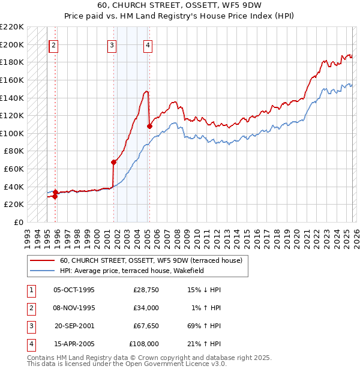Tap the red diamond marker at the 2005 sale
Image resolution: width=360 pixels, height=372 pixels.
point(149,126)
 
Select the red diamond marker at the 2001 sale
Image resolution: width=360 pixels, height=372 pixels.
point(113,162)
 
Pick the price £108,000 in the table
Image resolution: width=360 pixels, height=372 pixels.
point(144,344)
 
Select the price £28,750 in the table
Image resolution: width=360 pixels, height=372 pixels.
point(146,290)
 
